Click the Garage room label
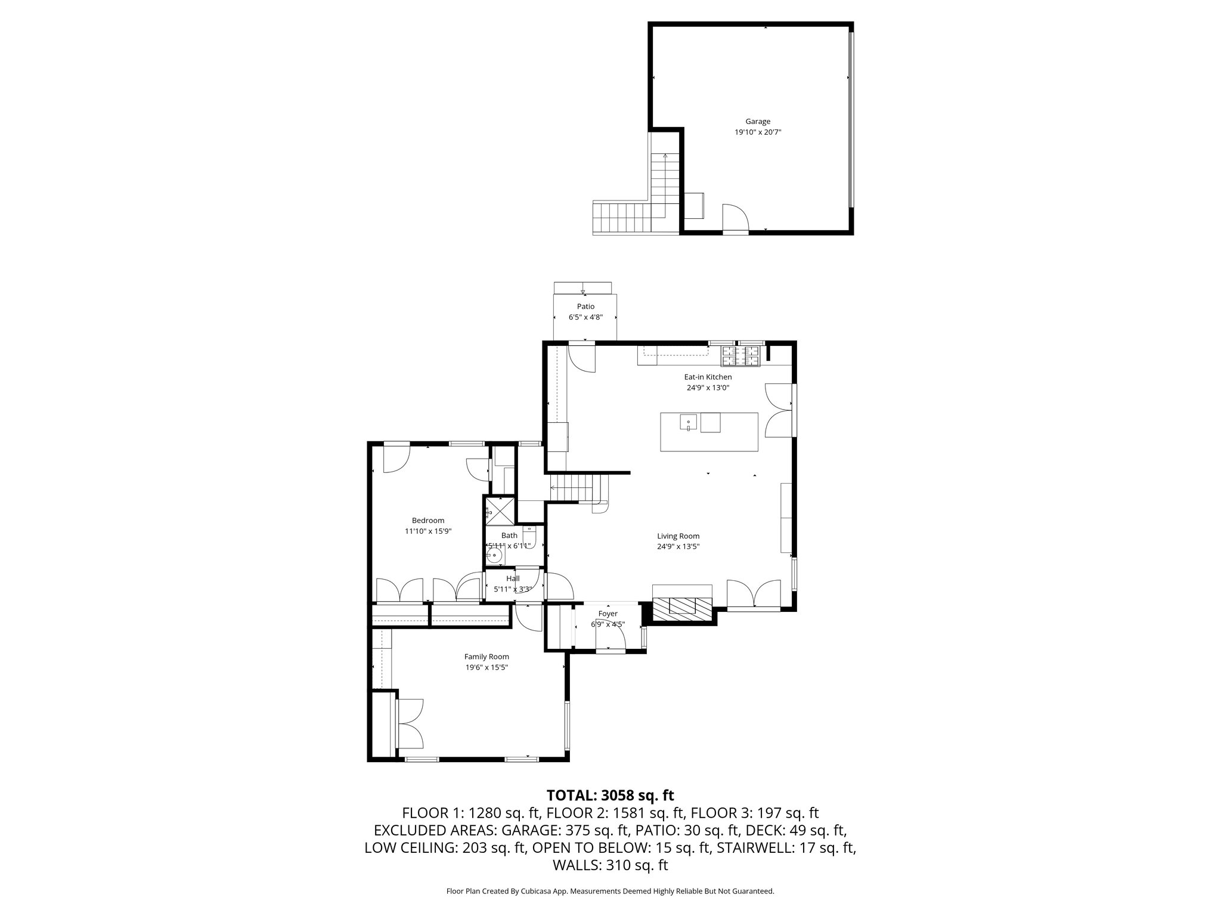[x=757, y=122]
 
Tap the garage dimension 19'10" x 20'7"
[x=757, y=132]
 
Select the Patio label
[x=585, y=307]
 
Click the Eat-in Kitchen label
[x=708, y=377]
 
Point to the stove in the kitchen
[x=742, y=357]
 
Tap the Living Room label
[x=678, y=536]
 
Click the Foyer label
[x=608, y=614]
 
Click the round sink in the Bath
[x=494, y=556]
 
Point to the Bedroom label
[x=427, y=521]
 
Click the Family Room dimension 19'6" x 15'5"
[x=486, y=667]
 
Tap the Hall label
[x=513, y=578]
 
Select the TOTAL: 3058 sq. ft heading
[x=610, y=795]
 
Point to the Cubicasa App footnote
[x=610, y=891]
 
